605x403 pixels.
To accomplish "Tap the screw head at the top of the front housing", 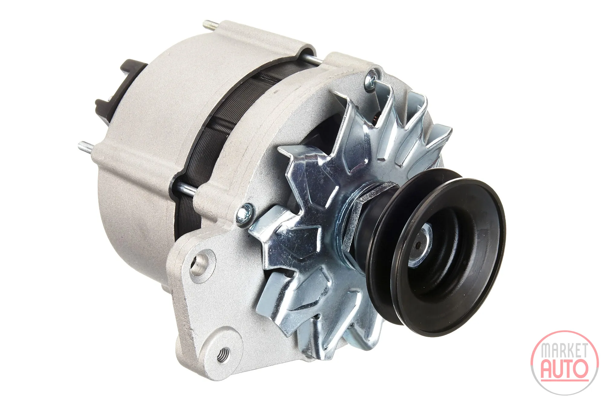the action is pyautogui.click(x=371, y=80).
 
